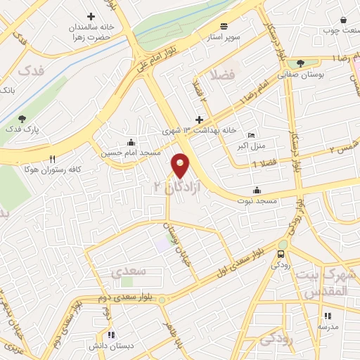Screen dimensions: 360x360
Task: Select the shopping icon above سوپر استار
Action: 223,23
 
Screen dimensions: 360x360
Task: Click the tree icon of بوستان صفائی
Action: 300,63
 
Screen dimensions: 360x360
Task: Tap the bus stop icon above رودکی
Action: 282,254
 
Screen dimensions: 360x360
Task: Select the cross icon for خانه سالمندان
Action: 90,15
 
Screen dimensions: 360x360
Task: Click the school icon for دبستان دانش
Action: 110,335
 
